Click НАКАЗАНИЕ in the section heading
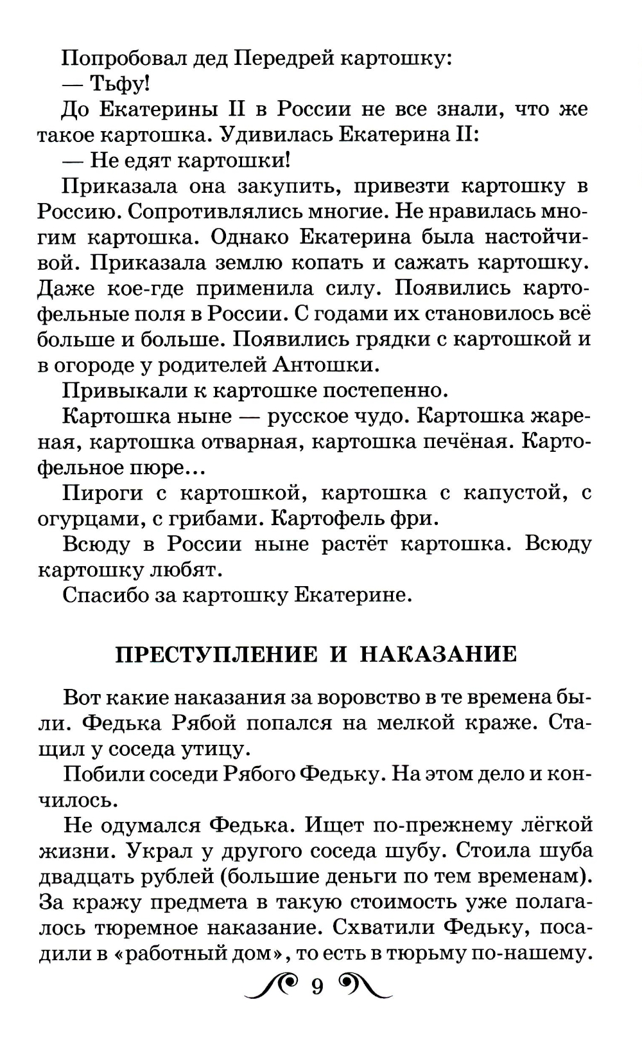438,654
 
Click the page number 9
317,987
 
